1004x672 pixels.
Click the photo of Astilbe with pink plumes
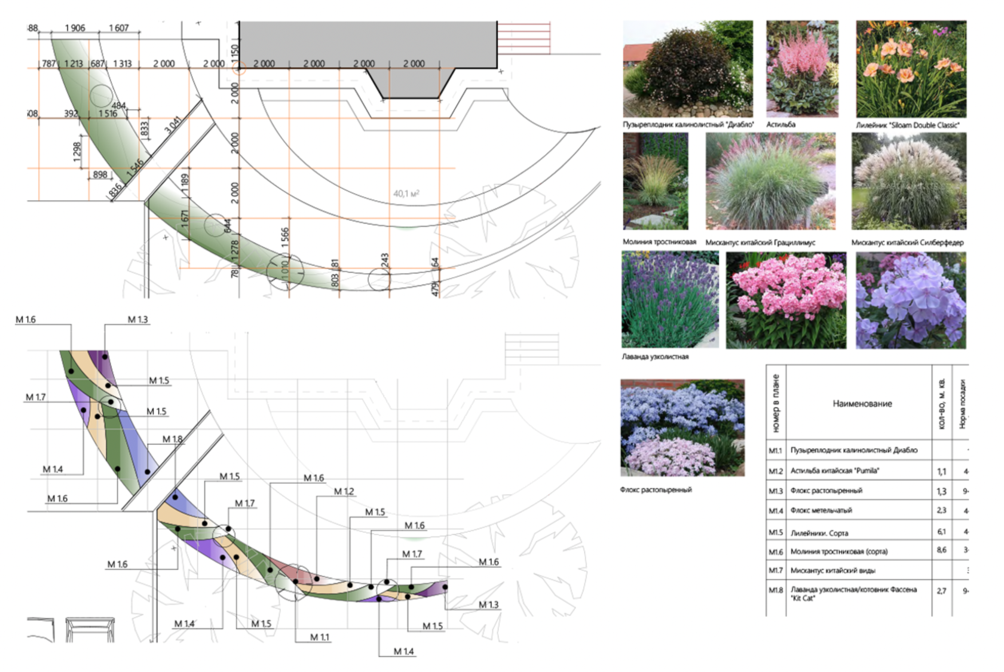(x=802, y=68)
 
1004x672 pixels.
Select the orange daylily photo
(x=911, y=68)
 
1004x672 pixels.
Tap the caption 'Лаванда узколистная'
(x=655, y=357)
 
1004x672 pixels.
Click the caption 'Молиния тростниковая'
(x=659, y=242)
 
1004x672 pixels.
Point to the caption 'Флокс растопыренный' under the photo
(x=656, y=490)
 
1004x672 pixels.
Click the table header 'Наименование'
(x=862, y=404)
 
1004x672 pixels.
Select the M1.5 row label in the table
(x=775, y=532)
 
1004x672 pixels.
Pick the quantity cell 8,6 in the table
(x=941, y=550)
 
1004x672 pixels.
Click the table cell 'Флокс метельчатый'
(x=821, y=511)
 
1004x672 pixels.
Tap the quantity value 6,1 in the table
(x=941, y=532)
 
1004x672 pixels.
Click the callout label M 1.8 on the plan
(x=172, y=439)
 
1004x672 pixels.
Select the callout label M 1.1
(x=320, y=637)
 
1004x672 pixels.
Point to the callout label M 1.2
(x=344, y=492)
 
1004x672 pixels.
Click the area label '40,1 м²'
(x=406, y=194)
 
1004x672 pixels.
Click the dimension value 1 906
(x=75, y=28)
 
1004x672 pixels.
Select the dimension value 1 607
(x=118, y=28)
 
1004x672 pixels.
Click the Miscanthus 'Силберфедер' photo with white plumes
(x=908, y=181)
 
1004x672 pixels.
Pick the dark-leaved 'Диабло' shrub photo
(x=687, y=68)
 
